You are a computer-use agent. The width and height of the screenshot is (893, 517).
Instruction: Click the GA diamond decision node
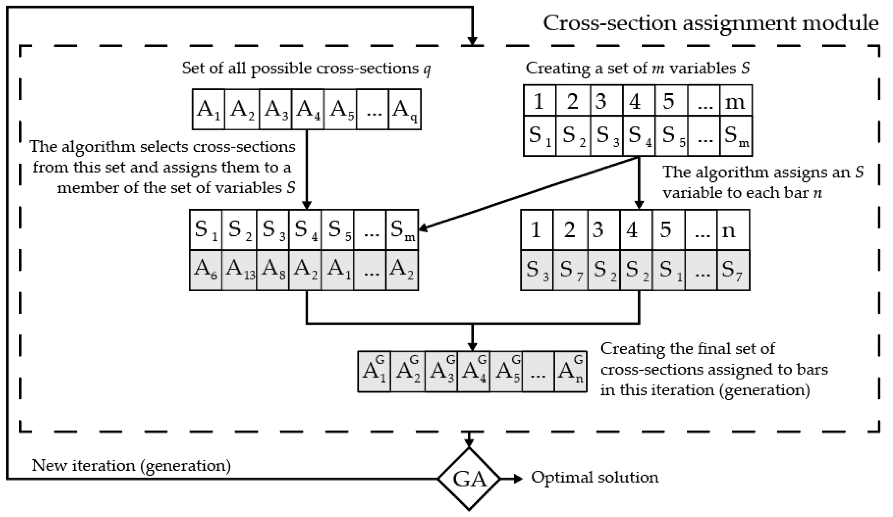pyautogui.click(x=469, y=479)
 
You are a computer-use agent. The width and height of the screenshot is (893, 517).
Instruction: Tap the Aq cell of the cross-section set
pyautogui.click(x=405, y=109)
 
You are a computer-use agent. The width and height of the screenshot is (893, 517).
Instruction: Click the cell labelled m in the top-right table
pyautogui.click(x=736, y=101)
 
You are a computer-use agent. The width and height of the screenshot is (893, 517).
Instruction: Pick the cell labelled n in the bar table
pyautogui.click(x=733, y=230)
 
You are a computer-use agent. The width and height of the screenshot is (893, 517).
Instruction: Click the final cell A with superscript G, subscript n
pyautogui.click(x=570, y=372)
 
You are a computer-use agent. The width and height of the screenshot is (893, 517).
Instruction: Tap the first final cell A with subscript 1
pyautogui.click(x=374, y=372)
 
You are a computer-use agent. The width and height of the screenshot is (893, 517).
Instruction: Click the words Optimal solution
pyautogui.click(x=595, y=477)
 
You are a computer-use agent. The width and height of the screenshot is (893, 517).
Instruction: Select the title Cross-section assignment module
pyautogui.click(x=710, y=24)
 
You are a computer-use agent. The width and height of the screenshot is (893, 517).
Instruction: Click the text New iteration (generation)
pyautogui.click(x=131, y=465)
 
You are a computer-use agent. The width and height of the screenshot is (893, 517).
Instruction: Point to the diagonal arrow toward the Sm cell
pyautogui.click(x=528, y=193)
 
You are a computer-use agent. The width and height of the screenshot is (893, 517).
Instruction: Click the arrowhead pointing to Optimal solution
pyautogui.click(x=518, y=479)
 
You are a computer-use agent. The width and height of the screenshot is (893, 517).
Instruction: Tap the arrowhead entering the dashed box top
pyautogui.click(x=472, y=41)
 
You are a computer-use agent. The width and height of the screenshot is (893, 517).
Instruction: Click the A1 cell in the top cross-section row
pyautogui.click(x=208, y=109)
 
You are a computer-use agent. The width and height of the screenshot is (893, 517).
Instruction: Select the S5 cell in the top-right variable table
pyautogui.click(x=671, y=136)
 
